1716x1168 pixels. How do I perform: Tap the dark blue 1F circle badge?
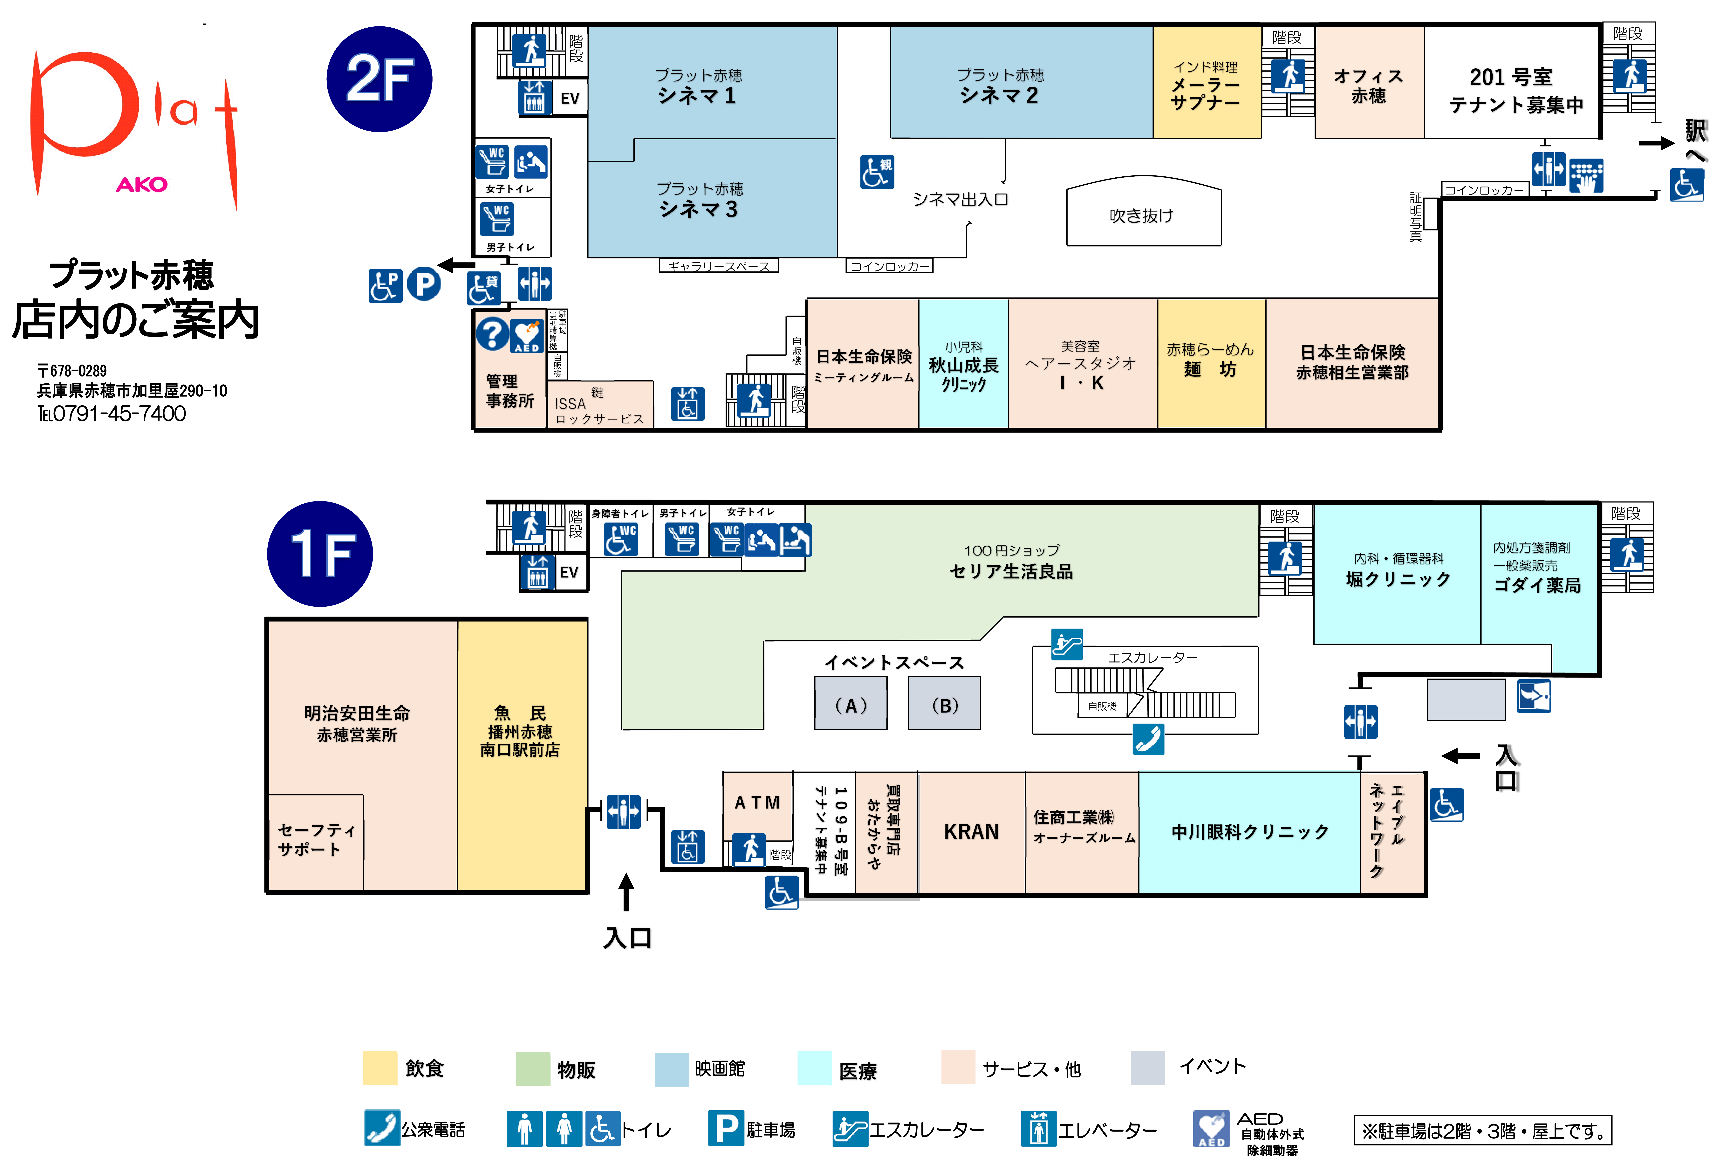[x=320, y=554]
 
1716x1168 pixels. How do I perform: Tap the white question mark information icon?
[x=492, y=334]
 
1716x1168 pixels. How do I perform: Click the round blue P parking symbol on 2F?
[x=424, y=284]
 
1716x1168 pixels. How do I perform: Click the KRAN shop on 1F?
[x=972, y=833]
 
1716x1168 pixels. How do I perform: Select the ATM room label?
[x=758, y=803]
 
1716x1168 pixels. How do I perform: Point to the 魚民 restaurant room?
[x=522, y=755]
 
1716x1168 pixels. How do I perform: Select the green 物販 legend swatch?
[x=533, y=1068]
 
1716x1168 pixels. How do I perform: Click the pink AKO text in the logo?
[x=142, y=185]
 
